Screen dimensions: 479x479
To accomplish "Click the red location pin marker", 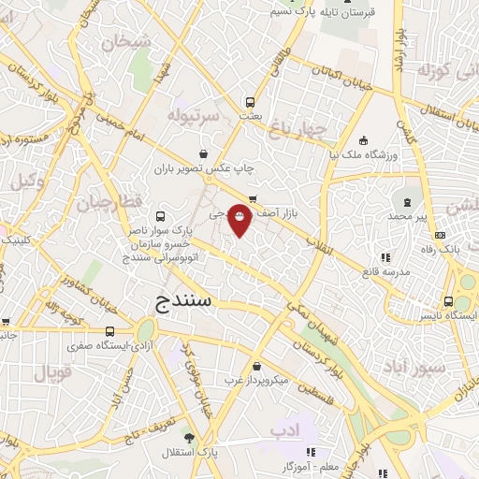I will tap(239, 219).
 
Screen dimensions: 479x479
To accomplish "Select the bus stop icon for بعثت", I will tap(250, 102).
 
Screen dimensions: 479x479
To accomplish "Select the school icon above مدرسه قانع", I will tap(385, 258).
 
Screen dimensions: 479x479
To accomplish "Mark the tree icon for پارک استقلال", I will tap(190, 439).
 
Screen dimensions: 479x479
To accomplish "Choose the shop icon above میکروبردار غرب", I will tap(256, 367).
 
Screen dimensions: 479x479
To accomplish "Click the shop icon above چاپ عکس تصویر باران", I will tap(204, 153).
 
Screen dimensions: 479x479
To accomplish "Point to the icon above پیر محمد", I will tap(407, 201).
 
